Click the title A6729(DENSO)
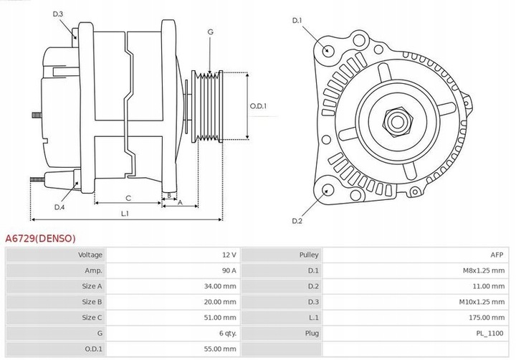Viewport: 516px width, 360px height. click(x=41, y=238)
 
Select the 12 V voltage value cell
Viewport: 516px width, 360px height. click(x=227, y=255)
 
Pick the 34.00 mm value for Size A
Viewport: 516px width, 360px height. click(x=220, y=286)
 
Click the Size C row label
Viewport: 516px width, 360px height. click(x=92, y=318)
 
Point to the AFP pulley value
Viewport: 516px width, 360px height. click(x=497, y=255)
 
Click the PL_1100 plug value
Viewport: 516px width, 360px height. click(x=489, y=333)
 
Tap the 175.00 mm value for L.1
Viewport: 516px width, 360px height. click(x=485, y=318)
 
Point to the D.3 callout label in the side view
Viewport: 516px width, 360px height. click(x=58, y=14)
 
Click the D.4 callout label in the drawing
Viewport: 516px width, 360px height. click(x=59, y=208)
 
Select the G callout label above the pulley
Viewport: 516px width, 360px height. click(x=210, y=32)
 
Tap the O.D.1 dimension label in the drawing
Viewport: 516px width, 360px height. click(x=258, y=107)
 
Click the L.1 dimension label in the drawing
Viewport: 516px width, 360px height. click(x=125, y=214)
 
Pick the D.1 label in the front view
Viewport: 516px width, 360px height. click(x=297, y=20)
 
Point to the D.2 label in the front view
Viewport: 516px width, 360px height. click(x=297, y=221)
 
